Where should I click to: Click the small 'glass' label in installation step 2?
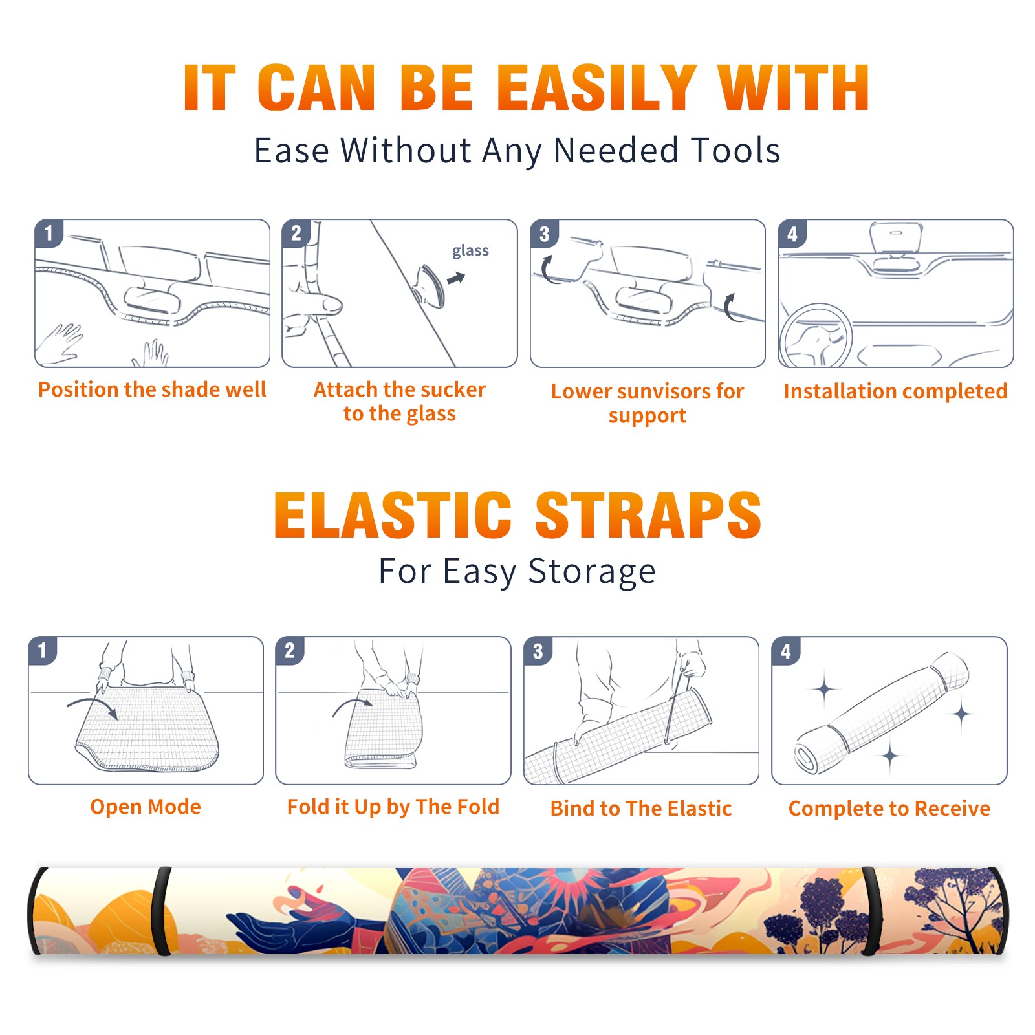tap(470, 251)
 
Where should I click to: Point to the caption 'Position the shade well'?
tap(152, 389)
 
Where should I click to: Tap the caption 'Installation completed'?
tap(895, 391)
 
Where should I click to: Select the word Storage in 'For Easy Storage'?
tap(592, 572)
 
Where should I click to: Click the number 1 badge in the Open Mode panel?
tap(43, 650)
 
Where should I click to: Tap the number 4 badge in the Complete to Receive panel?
tap(786, 651)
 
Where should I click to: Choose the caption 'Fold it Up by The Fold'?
tap(393, 807)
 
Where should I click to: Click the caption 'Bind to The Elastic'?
tap(641, 809)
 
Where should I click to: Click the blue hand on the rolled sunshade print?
tap(291, 928)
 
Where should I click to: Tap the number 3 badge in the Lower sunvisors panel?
tap(544, 234)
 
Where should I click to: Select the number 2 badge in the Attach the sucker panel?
tap(296, 233)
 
